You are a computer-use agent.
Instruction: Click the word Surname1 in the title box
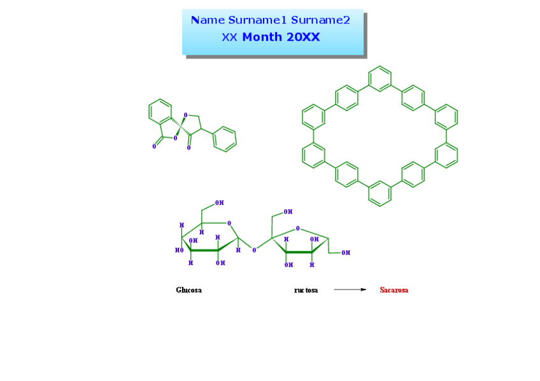258,20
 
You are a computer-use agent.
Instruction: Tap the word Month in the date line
262,37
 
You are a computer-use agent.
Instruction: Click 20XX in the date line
302,37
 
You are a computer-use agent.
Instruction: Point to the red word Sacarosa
394,290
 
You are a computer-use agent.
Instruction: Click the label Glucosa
189,290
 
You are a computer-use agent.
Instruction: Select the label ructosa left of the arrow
306,290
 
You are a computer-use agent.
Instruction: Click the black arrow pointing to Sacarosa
350,289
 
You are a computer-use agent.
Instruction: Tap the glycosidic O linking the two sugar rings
254,250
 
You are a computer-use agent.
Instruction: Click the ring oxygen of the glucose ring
229,224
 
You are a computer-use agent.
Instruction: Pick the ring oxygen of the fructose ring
298,228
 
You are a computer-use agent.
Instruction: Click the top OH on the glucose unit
219,203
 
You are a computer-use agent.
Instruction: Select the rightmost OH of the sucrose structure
346,253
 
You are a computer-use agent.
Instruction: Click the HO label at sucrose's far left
179,250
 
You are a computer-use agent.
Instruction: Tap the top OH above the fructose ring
288,212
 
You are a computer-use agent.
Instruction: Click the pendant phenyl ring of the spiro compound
224,139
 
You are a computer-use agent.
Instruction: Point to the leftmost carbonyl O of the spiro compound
154,146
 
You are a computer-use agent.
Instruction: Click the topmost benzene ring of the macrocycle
380,79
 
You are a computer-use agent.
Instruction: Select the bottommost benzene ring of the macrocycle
380,193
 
